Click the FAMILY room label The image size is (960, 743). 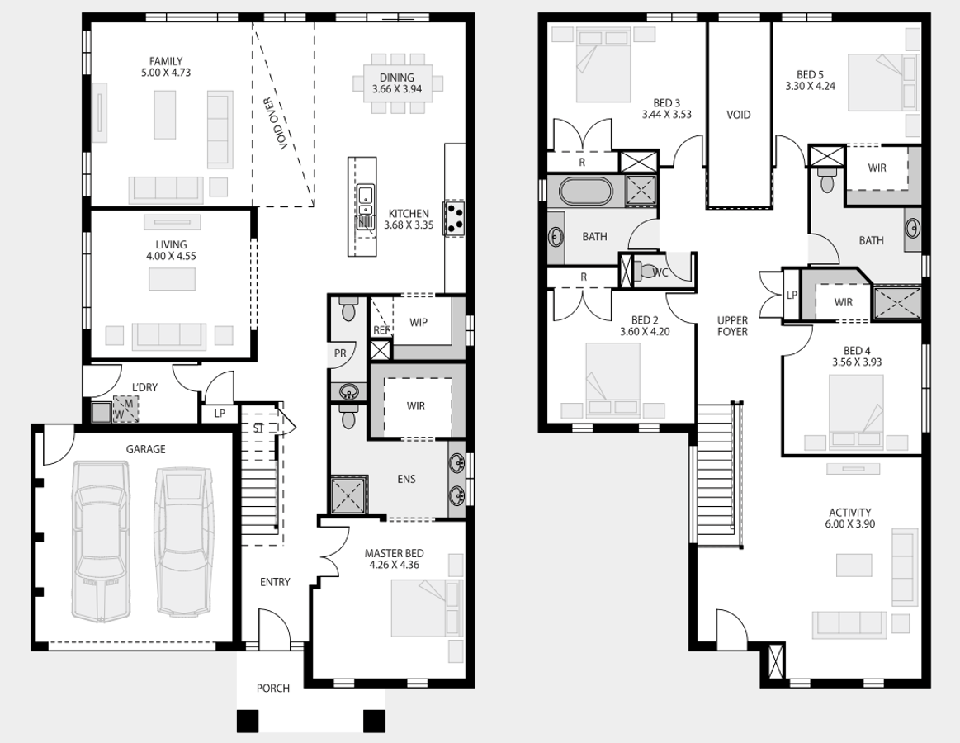pos(166,61)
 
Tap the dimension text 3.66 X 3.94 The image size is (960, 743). pos(397,89)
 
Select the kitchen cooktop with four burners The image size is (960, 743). pos(455,219)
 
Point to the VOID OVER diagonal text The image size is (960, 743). pos(278,125)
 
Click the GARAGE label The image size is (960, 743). pos(146,449)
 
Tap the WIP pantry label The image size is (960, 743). pos(419,322)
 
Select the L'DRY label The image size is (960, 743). pos(145,387)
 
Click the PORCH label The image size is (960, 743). pos(273,688)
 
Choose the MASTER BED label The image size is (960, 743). pos(395,553)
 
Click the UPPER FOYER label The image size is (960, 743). pos(733,326)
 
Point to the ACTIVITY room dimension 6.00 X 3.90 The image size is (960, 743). pos(849,523)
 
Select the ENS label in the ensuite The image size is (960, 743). pos(406,479)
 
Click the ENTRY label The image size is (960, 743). pos(275,582)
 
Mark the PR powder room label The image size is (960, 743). pos(340,353)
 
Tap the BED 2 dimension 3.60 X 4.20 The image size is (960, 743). pos(645,331)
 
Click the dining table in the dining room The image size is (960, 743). pos(397,83)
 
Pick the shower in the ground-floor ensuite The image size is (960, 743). pos(349,495)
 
